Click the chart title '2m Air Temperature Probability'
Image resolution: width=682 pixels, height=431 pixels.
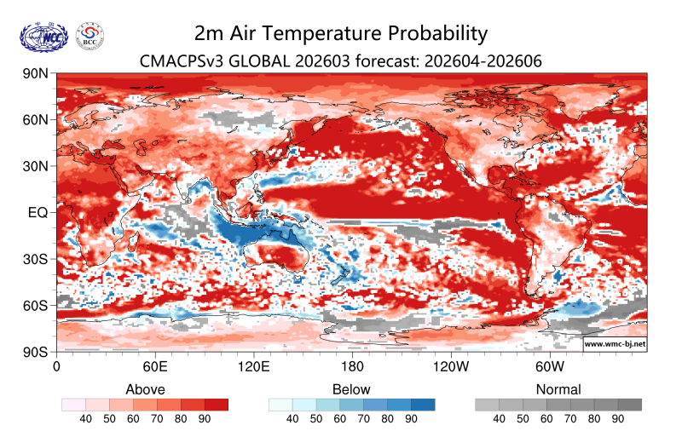[341, 33]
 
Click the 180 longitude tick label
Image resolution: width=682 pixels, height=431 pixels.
[352, 367]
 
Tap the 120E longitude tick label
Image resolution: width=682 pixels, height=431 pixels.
[253, 367]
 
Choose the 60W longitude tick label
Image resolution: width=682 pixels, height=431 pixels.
[550, 367]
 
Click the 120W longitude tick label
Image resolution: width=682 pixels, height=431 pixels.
[451, 367]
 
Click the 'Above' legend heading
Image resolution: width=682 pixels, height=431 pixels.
[145, 389]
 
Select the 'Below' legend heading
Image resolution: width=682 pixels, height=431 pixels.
[352, 389]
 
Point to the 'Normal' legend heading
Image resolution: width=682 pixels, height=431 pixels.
[558, 389]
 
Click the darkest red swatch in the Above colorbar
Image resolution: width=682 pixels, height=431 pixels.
[217, 405]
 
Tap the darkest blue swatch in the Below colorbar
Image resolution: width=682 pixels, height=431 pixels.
[423, 405]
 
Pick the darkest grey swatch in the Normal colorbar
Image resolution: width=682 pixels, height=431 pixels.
[630, 405]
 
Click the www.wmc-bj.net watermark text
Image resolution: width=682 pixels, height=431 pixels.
[614, 345]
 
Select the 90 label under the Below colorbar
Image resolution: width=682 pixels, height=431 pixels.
[411, 419]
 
